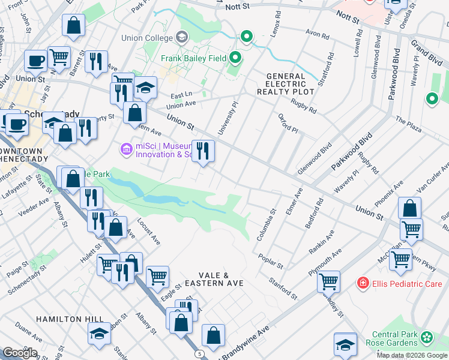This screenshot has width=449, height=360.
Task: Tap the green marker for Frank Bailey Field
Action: point(235,58)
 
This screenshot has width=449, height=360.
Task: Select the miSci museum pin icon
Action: point(125,148)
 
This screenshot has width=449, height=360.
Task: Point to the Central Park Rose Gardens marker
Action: point(426,337)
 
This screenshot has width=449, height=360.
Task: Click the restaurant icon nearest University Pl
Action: point(203,150)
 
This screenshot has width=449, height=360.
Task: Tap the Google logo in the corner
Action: point(20,352)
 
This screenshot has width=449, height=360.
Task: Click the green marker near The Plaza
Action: point(431,99)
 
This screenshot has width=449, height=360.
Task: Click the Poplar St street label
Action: point(272,262)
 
